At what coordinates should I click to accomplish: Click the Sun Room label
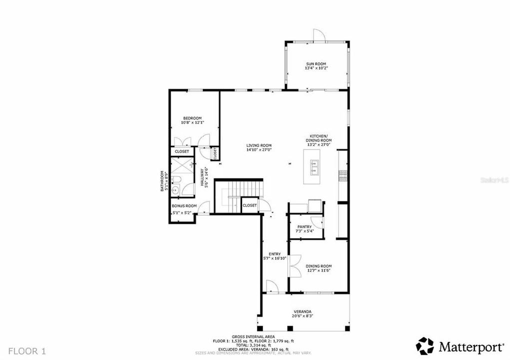coord(316,63)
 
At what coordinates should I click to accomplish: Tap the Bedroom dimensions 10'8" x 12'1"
coord(192,122)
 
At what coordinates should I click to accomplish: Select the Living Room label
coord(258,145)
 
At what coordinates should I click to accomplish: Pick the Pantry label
coord(304,226)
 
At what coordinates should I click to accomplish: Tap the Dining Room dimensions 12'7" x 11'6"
coord(318,271)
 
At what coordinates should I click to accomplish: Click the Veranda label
coord(303,311)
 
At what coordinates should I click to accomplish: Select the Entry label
coord(274,253)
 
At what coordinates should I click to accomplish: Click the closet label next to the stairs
coord(249,205)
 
